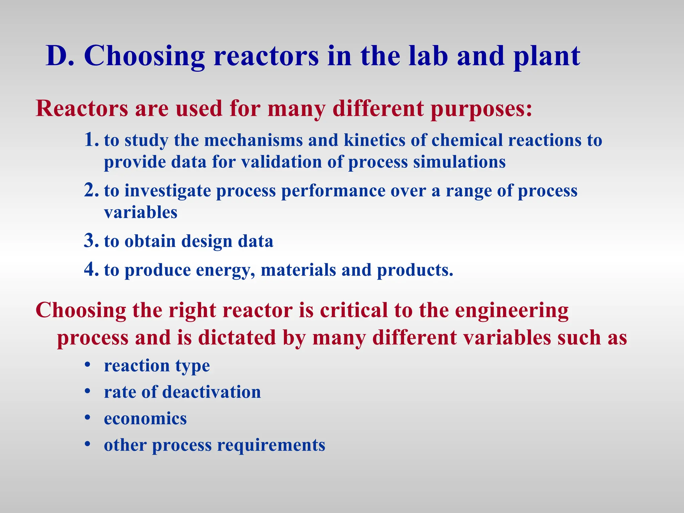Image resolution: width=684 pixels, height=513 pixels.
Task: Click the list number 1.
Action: (91, 140)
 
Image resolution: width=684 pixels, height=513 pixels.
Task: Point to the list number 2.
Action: (91, 190)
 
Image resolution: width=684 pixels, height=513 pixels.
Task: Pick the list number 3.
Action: (91, 241)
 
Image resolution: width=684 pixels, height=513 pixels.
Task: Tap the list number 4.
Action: (91, 270)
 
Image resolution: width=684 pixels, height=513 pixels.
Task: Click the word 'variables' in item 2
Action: (141, 212)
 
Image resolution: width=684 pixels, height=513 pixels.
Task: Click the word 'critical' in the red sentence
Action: (354, 310)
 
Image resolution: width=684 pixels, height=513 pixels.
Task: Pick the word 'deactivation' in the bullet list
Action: (211, 392)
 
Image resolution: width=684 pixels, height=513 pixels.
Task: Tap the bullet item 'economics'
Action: (145, 418)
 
